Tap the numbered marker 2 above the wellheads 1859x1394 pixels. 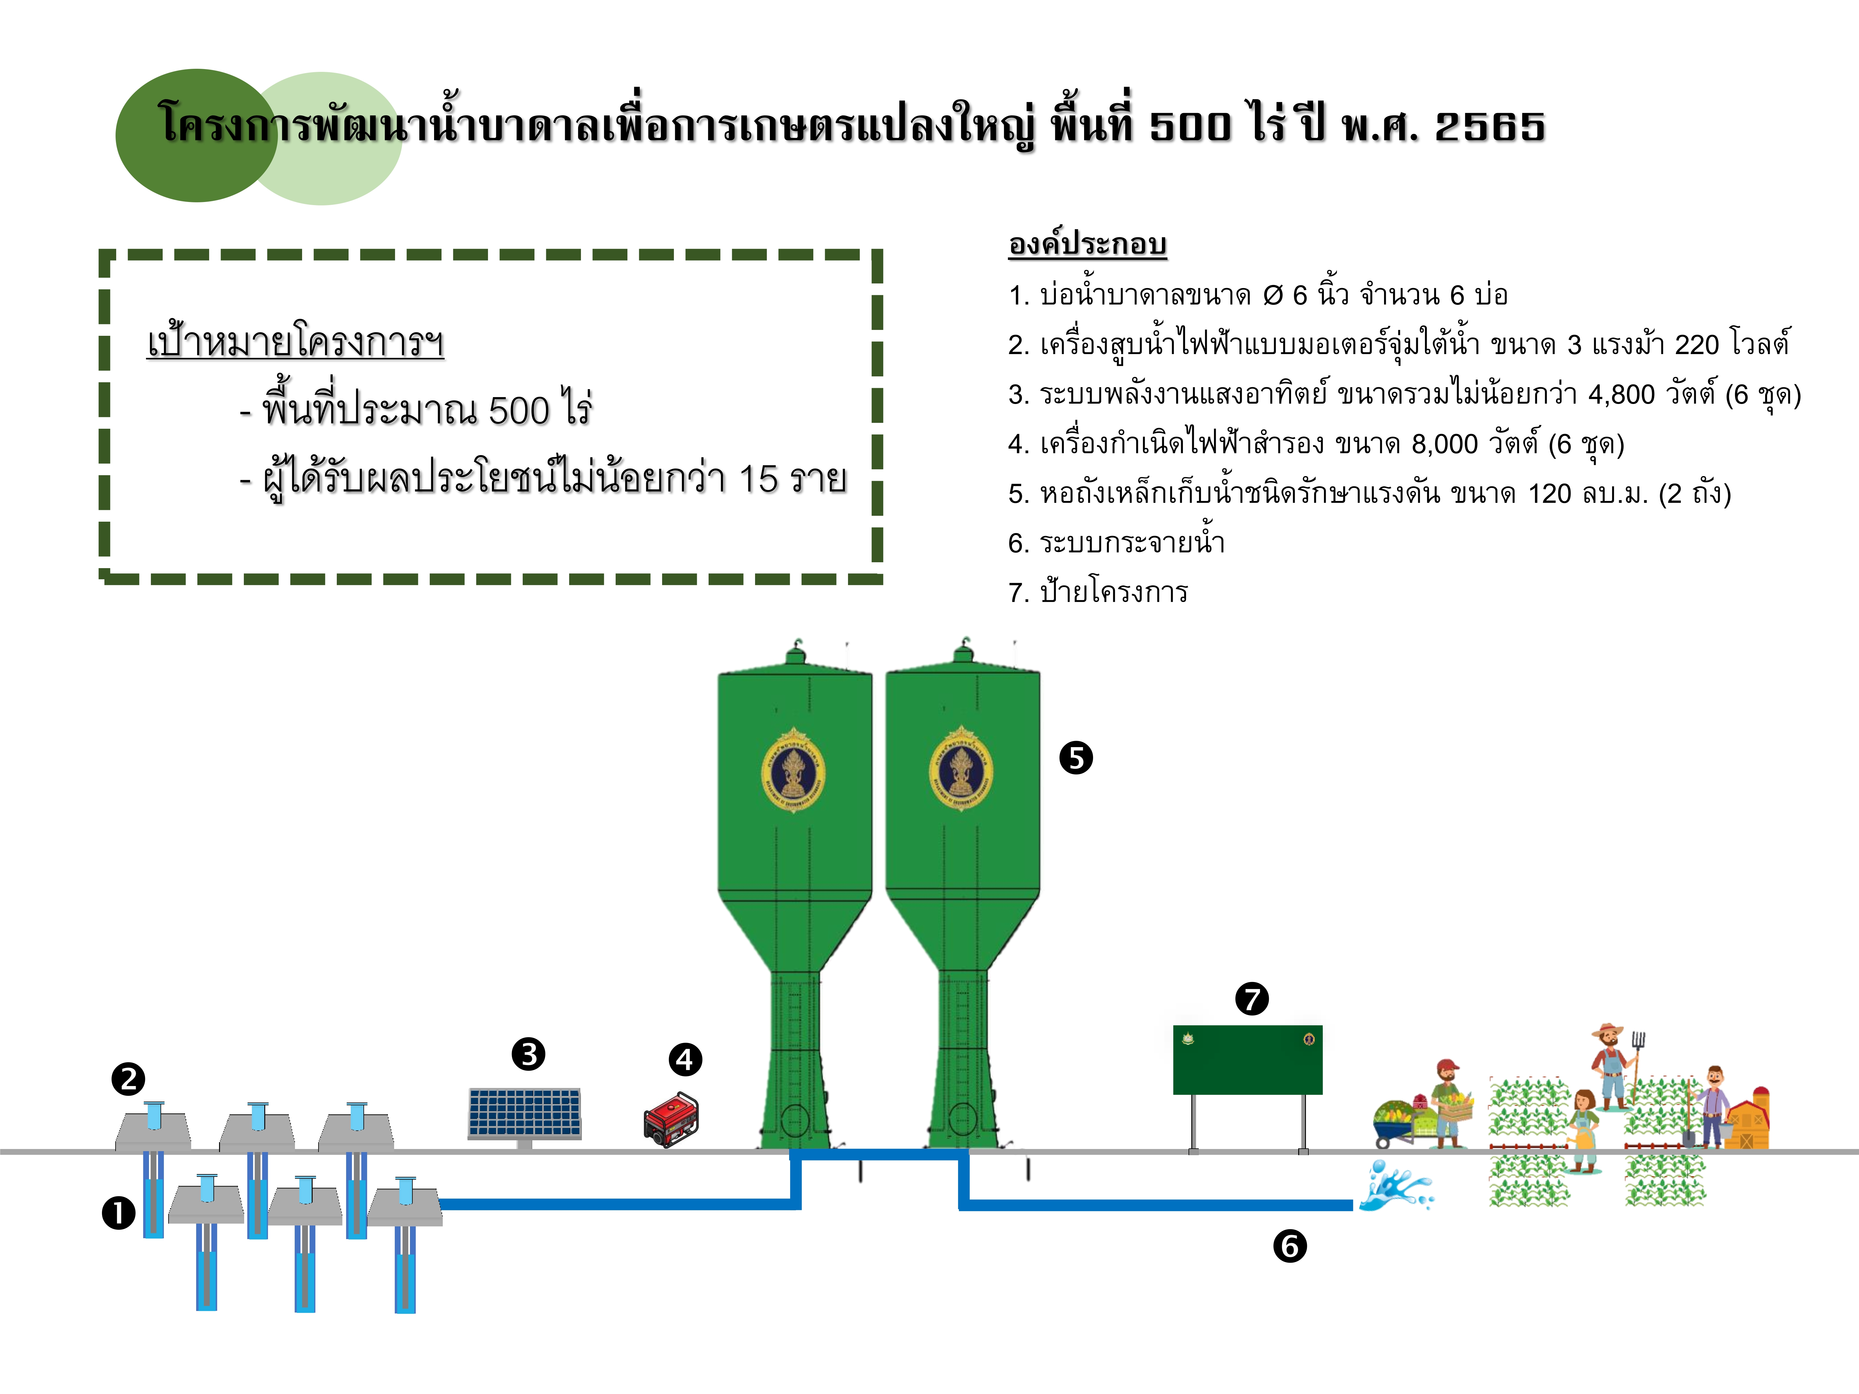pos(129,1079)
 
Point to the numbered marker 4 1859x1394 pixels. pos(685,1059)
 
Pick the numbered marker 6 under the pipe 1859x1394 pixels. pos(1290,1246)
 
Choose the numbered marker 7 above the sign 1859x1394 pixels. pos(1252,999)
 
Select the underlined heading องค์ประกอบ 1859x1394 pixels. pos(1088,244)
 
